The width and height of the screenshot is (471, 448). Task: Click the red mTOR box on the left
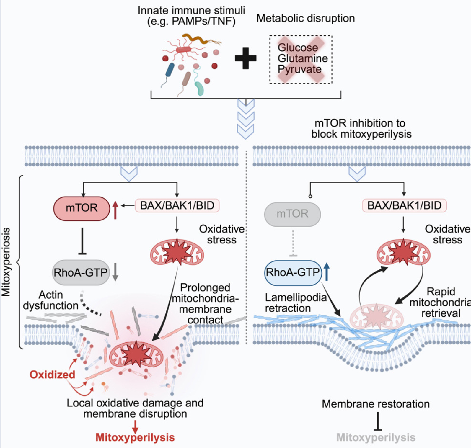pyautogui.click(x=82, y=208)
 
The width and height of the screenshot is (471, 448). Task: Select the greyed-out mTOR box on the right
pyautogui.click(x=292, y=214)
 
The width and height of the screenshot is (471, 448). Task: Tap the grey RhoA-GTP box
pyautogui.click(x=80, y=272)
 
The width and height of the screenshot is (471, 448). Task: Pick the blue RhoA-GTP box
pyautogui.click(x=293, y=272)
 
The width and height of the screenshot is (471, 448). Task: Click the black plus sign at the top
pyautogui.click(x=245, y=58)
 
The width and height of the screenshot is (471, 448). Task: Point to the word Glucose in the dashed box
pyautogui.click(x=298, y=48)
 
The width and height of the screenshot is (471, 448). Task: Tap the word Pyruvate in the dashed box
pyautogui.click(x=299, y=69)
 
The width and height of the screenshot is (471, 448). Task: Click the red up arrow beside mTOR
pyautogui.click(x=115, y=210)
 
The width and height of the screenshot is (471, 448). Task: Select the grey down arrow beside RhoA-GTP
pyautogui.click(x=115, y=272)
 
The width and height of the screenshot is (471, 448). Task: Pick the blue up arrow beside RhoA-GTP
pyautogui.click(x=327, y=272)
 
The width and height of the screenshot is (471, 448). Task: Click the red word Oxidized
pyautogui.click(x=52, y=375)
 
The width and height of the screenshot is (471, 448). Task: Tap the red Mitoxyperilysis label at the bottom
pyautogui.click(x=135, y=437)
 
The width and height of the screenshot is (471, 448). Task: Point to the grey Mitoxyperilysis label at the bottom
pyautogui.click(x=376, y=437)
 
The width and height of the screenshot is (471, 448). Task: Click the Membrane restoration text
pyautogui.click(x=376, y=404)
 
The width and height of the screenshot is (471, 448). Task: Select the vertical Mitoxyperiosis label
pyautogui.click(x=6, y=262)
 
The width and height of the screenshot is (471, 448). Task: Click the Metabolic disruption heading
pyautogui.click(x=305, y=18)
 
